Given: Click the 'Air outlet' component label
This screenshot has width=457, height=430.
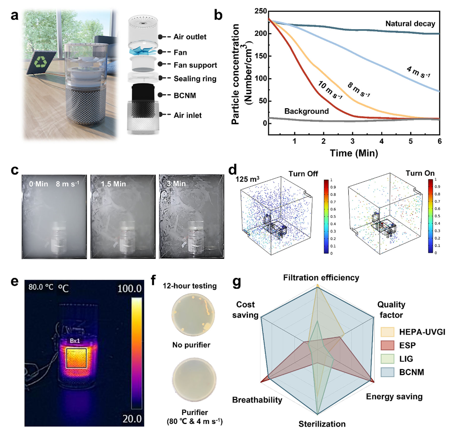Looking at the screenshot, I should pos(190,37).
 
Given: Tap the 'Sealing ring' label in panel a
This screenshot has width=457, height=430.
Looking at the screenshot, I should pos(195,79).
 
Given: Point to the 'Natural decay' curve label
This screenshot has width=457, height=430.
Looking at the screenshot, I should pos(410,24).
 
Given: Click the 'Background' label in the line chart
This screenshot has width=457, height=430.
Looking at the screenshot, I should pos(306,111).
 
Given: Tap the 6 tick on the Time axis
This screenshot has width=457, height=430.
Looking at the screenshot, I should pos(439,141).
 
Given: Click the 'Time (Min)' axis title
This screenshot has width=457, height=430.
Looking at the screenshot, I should pos(354,153).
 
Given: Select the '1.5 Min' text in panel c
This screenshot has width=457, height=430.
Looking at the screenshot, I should pos(113,184).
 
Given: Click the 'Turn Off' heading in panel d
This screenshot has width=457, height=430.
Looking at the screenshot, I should pos(303,174).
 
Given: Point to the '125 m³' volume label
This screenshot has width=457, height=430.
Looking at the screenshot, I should pos(247,179).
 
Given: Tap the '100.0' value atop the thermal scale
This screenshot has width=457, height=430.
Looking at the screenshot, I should pos(129,288).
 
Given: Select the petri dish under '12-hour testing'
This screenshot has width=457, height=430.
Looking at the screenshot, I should pos(193,315).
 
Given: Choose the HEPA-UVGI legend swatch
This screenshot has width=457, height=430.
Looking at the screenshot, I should pos(387,332).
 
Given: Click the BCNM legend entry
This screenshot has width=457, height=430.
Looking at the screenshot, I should pos(411,372).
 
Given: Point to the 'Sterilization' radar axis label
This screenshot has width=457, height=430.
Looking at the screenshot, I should pos(322,424).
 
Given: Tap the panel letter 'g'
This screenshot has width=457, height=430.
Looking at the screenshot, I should pos(237,282).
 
